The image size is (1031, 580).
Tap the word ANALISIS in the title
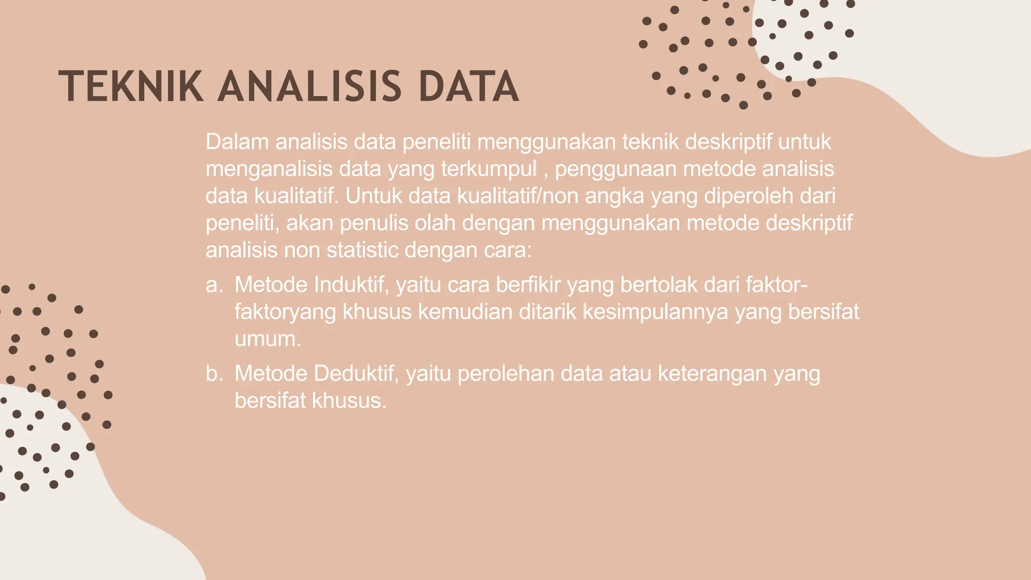coord(310,87)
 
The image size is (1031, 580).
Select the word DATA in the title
coord(469,87)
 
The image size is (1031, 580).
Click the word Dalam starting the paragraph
coord(237,142)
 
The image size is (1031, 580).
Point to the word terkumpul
coord(489,169)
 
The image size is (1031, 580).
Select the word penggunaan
coord(615,169)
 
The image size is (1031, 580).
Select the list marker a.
coord(214,285)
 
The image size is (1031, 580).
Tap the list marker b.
coord(214,374)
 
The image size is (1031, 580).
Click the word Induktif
coord(351,285)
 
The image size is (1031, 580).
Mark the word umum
coord(267,339)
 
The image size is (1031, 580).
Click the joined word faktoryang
coord(285,312)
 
